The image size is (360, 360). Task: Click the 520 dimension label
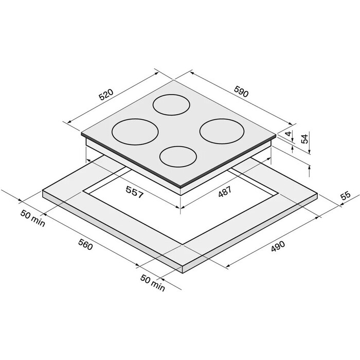pyautogui.click(x=106, y=94)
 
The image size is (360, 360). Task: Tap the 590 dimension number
pyautogui.click(x=241, y=92)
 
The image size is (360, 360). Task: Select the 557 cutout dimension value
pyautogui.click(x=135, y=192)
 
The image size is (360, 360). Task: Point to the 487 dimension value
pyautogui.click(x=225, y=191)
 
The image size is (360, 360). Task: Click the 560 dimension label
pyautogui.click(x=85, y=244)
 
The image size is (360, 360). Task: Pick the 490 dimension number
pyautogui.click(x=278, y=246)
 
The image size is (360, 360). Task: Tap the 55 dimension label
pyautogui.click(x=346, y=195)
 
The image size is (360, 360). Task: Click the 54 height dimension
pyautogui.click(x=304, y=139)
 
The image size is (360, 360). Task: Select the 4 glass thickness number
pyautogui.click(x=289, y=133)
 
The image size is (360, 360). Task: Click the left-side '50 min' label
pyautogui.click(x=33, y=219)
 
